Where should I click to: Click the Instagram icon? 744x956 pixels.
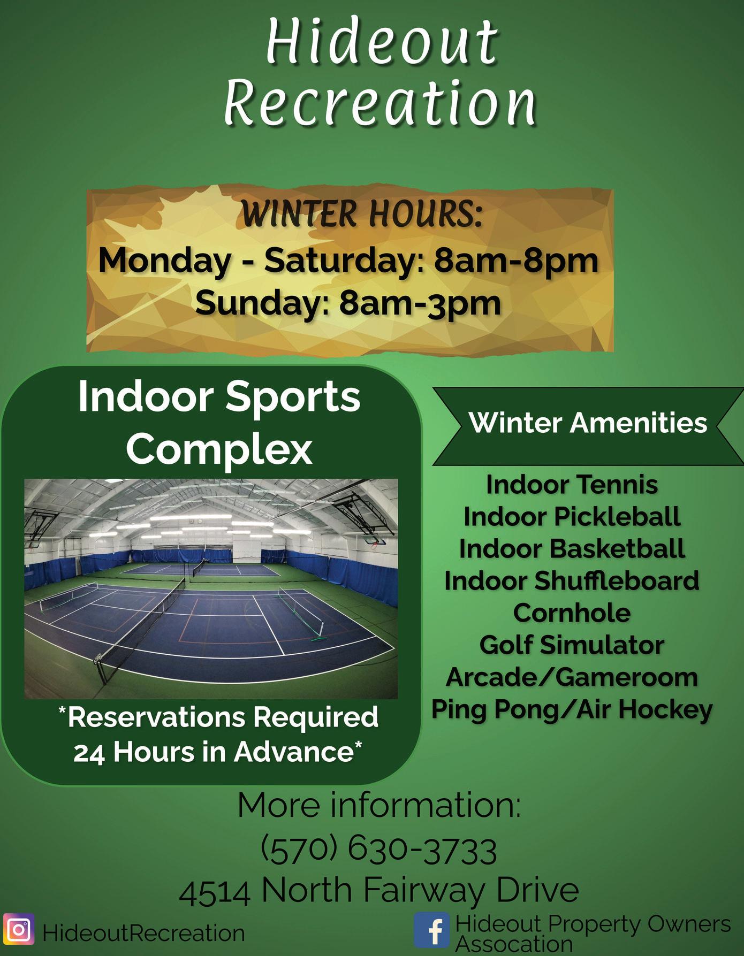[x=19, y=930]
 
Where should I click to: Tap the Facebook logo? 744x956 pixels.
[x=432, y=930]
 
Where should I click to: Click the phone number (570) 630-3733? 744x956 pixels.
[x=379, y=850]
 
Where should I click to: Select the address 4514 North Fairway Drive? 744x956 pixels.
[x=379, y=891]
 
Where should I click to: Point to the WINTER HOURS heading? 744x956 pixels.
[x=362, y=213]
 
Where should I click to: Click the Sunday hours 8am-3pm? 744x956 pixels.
[x=421, y=303]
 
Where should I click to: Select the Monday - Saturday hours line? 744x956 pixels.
[x=348, y=261]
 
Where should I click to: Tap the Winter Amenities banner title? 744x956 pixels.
[x=588, y=423]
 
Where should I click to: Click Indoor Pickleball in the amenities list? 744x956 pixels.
[x=572, y=517]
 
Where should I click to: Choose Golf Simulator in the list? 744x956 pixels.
[x=572, y=645]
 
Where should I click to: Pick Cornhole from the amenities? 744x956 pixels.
[x=572, y=613]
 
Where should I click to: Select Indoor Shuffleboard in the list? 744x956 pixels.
[x=572, y=581]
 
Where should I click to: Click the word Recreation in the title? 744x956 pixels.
[x=380, y=102]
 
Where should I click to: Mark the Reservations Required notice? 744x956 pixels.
[x=218, y=735]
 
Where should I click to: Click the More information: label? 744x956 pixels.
[x=379, y=805]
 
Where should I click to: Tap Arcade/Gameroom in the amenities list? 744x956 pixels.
[x=572, y=677]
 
